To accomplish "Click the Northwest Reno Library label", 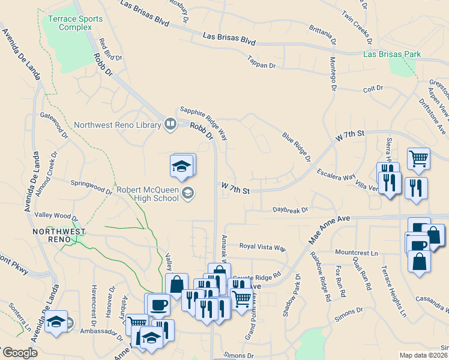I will point(118,125).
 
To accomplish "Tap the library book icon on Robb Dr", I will point(170,125).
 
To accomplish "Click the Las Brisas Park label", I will point(392,54).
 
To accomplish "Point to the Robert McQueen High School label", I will point(147,194).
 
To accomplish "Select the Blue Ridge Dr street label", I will point(297,147).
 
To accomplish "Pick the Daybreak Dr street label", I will point(290,210).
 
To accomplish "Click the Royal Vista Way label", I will point(263,247).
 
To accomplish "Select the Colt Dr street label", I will point(373,89).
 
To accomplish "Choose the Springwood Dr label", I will point(91,187).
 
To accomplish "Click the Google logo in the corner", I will point(19,353).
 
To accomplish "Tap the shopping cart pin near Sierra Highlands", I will point(418,159).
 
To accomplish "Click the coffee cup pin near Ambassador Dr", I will point(158,304).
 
